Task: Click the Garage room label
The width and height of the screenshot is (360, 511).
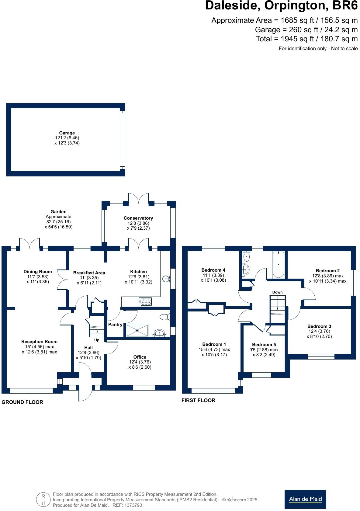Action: click(x=67, y=133)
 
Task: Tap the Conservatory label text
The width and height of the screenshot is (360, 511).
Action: click(x=138, y=218)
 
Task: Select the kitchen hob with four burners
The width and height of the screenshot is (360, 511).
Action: click(x=145, y=302)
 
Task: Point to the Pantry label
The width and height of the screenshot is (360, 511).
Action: click(x=115, y=325)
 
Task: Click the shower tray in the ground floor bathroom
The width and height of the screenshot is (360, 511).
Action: click(x=137, y=330)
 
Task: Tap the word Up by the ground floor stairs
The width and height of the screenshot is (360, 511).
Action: click(x=97, y=340)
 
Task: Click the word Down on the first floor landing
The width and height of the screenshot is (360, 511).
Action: click(x=277, y=292)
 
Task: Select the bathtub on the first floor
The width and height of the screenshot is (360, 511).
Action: click(x=279, y=264)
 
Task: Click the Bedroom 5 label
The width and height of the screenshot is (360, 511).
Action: click(x=264, y=345)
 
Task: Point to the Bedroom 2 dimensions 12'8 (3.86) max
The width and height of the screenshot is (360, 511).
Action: click(x=328, y=276)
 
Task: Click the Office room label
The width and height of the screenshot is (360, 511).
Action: click(x=140, y=357)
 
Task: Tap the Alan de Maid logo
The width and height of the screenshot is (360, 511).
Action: click(x=305, y=499)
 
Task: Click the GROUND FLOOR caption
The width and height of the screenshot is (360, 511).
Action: click(x=22, y=402)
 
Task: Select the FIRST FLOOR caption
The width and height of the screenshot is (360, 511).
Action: click(x=198, y=400)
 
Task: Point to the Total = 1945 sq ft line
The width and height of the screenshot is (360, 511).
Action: click(x=306, y=39)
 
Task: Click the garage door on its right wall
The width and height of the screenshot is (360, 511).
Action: click(x=122, y=140)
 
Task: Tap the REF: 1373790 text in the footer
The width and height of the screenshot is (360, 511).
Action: click(x=127, y=505)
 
